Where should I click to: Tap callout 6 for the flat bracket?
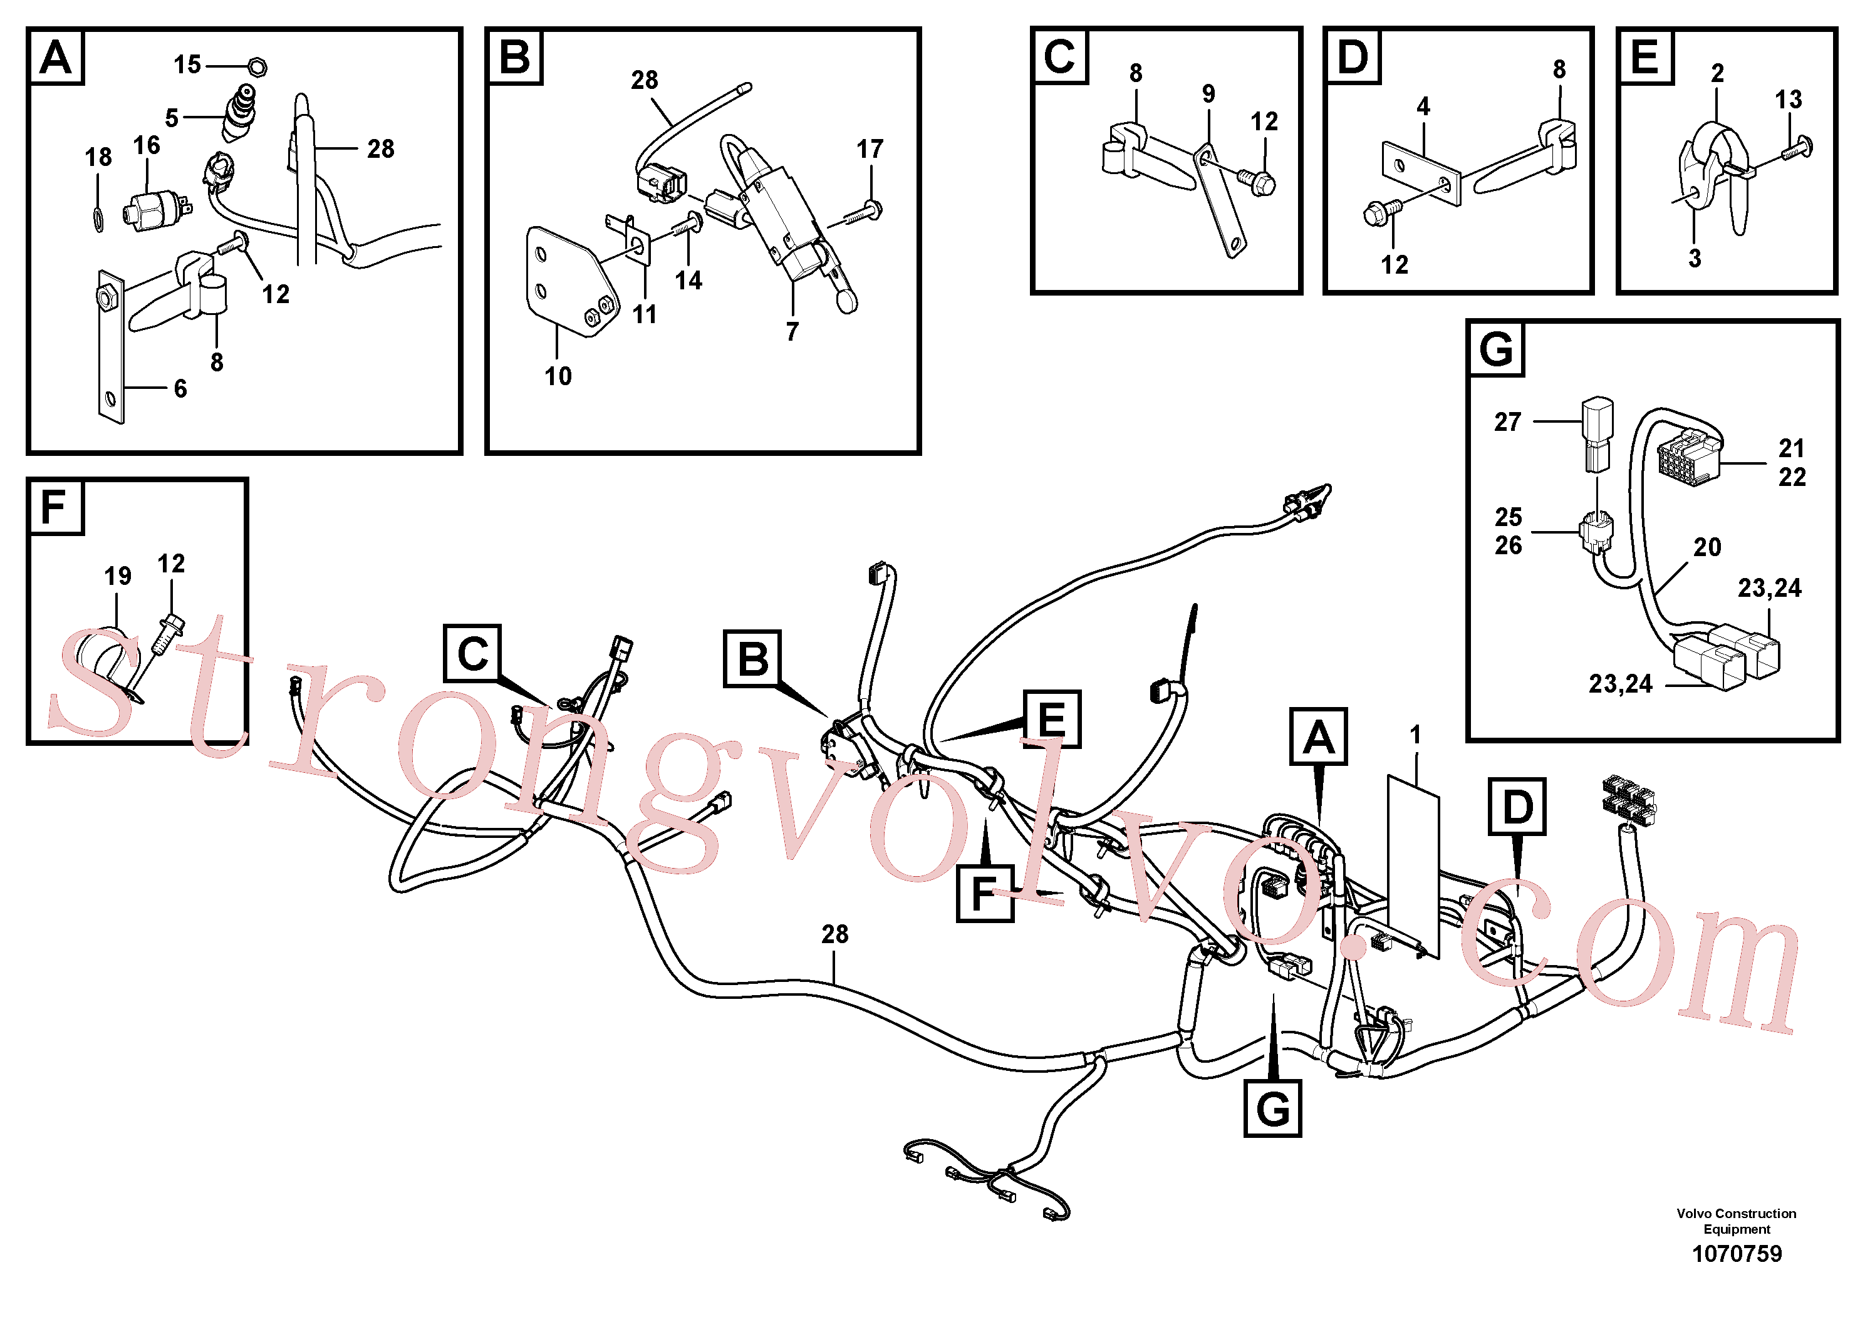(180, 388)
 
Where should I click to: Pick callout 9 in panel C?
(1208, 93)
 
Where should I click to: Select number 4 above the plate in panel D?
(1423, 106)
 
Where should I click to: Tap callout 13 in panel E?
(1788, 99)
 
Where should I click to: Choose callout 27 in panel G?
(1507, 421)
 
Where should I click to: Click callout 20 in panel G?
(1707, 547)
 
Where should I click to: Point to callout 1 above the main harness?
(1415, 734)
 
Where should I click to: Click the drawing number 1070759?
(1737, 1254)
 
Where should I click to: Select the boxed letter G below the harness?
(1272, 1108)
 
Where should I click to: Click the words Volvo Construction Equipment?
(1737, 1221)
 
